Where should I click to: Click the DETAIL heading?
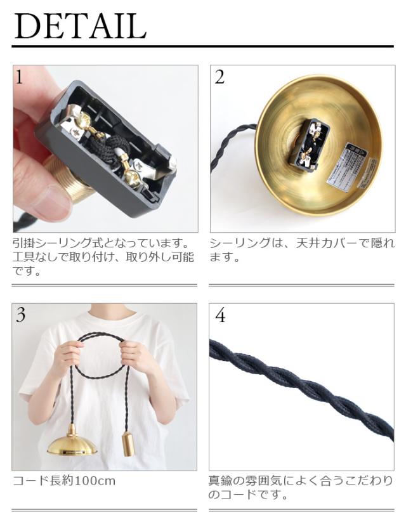(81, 26)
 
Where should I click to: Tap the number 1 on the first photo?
(19, 77)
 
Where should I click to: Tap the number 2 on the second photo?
(219, 77)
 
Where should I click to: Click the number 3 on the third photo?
(21, 315)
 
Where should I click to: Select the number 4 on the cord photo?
(220, 315)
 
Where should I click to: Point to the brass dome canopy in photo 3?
(72, 440)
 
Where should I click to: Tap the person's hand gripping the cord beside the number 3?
(70, 358)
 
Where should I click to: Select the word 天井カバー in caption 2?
(328, 243)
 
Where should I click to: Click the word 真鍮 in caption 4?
(220, 481)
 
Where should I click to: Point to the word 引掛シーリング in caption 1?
(51, 243)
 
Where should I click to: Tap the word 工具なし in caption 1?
(34, 258)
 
